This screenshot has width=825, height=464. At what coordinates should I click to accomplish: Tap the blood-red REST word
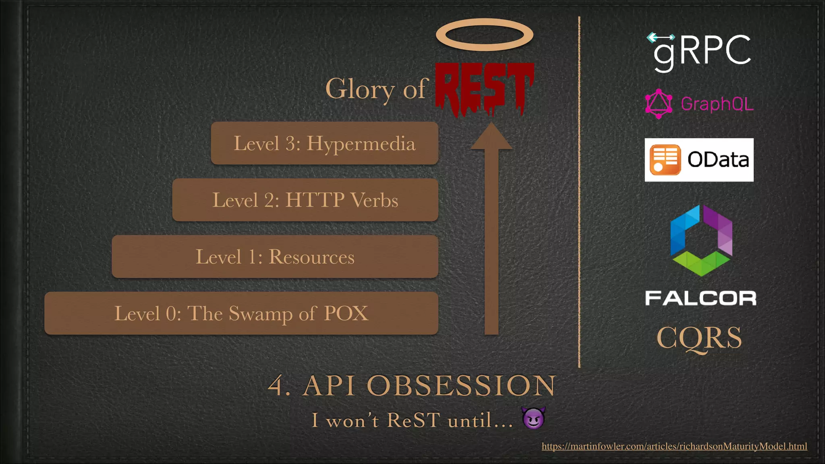[x=485, y=87]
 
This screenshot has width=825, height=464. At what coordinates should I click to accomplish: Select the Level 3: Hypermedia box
[x=324, y=143]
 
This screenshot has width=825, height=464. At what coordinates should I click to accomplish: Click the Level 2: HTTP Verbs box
[x=305, y=200]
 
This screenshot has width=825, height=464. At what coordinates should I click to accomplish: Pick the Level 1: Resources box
[x=275, y=257]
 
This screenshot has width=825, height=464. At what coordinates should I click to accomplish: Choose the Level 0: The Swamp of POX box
[x=241, y=313]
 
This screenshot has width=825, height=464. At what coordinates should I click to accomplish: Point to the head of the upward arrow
[x=491, y=137]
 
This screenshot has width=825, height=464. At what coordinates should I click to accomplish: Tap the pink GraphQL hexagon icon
[x=659, y=104]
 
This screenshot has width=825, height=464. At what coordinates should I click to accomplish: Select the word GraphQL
[x=717, y=104]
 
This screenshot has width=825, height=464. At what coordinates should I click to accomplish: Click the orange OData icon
[x=665, y=160]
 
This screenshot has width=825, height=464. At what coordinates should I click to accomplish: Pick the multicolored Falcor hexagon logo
[x=701, y=240]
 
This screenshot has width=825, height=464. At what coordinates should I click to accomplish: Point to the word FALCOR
[x=701, y=298]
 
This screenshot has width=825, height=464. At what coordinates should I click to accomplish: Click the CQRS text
[x=699, y=338]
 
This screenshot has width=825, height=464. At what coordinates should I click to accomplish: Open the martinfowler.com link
[x=674, y=446]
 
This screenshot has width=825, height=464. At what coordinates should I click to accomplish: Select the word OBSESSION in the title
[x=461, y=385]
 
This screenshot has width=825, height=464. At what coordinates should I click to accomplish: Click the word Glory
[x=360, y=89]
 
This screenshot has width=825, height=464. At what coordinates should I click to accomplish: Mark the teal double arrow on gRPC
[x=661, y=37]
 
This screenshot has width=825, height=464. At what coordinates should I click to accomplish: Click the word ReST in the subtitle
[x=413, y=420]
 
